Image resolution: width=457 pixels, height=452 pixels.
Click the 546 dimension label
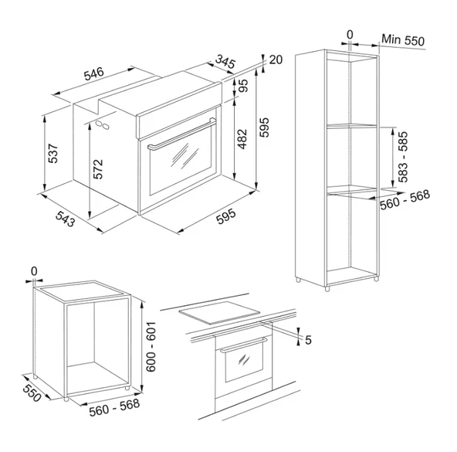click(x=94, y=73)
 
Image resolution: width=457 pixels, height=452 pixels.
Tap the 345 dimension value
click(x=225, y=62)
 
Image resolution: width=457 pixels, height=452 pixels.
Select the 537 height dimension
click(x=53, y=153)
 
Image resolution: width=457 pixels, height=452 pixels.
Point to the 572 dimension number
click(x=98, y=168)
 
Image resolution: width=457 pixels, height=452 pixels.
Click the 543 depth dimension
click(x=66, y=219)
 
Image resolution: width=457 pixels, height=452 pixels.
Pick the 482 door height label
click(x=242, y=139)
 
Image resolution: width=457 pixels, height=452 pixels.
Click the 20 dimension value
click(x=276, y=59)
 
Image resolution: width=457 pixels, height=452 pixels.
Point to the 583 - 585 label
click(x=403, y=157)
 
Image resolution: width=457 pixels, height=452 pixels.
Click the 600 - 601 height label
click(x=151, y=347)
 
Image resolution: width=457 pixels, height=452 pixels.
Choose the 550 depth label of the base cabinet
click(x=32, y=393)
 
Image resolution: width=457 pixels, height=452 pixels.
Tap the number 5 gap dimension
click(x=308, y=340)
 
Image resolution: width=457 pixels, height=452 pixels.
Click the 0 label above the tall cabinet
click(x=350, y=35)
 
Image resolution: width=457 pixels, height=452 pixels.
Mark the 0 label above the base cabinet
click(x=34, y=271)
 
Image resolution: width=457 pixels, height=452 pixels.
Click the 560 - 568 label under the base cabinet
click(x=114, y=407)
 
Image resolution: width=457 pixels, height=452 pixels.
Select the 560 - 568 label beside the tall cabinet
click(x=405, y=200)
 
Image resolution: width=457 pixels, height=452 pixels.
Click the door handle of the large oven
click(x=182, y=134)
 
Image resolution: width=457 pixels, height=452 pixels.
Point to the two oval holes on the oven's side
click(x=103, y=124)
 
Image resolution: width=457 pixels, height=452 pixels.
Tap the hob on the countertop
click(x=219, y=312)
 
